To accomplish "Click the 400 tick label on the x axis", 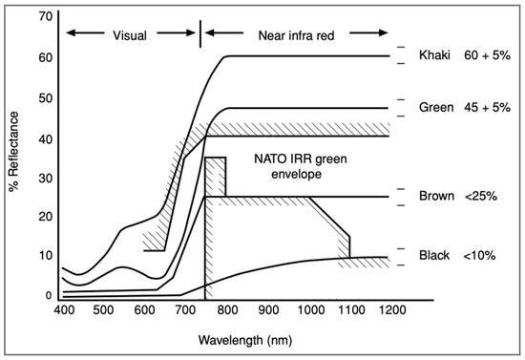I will (63, 312).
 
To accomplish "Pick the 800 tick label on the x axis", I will (227, 312).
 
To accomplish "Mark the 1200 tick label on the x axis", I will (390, 312).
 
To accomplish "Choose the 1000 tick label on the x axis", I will (308, 312).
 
